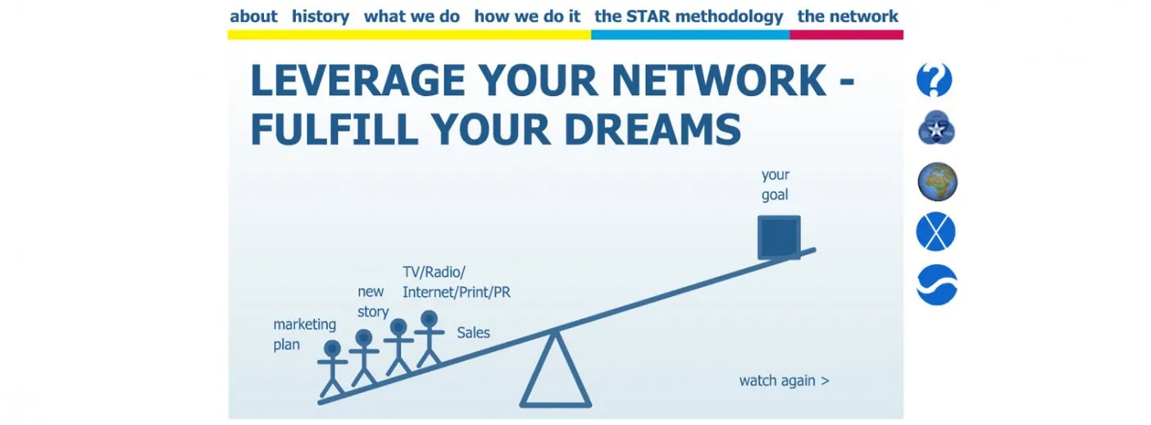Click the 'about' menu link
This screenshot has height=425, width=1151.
point(253,16)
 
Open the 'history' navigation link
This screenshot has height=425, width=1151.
point(321,17)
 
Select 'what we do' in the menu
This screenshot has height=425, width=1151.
point(412,16)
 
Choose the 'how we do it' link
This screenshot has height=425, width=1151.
point(527,16)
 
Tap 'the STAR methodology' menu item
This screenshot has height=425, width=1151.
point(689,17)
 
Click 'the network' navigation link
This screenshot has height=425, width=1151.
point(848,16)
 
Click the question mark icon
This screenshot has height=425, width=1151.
point(935,80)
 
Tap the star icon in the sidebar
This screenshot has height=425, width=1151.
point(936,128)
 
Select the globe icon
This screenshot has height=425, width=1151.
point(937,181)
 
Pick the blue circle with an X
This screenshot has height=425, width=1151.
point(935,231)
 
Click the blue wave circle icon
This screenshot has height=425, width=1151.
point(937,285)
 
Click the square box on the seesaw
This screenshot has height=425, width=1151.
point(779,236)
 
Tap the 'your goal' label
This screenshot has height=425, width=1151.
point(776,185)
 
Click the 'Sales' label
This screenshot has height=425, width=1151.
point(473,333)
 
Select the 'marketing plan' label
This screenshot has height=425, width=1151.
point(304,335)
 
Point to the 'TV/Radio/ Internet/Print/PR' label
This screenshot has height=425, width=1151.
point(457,282)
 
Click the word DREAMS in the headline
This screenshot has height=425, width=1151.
point(653,129)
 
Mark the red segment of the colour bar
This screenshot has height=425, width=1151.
point(846,35)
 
